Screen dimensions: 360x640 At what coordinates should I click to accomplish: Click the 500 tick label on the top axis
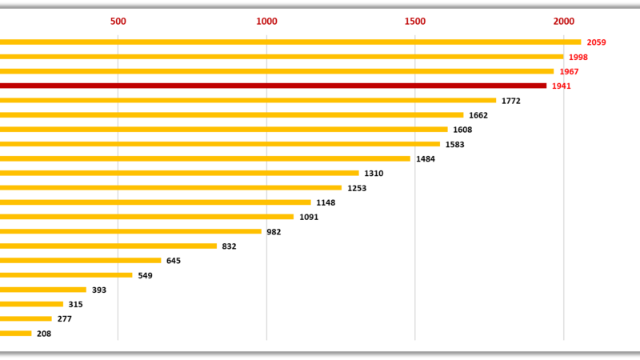(118, 21)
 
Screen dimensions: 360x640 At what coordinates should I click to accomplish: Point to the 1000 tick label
(266, 21)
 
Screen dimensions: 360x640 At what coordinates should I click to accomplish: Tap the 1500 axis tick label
(415, 21)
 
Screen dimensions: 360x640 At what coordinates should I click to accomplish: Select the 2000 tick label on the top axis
(563, 21)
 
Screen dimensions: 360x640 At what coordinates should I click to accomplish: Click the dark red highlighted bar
(272, 86)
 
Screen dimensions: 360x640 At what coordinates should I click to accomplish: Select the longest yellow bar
(288, 42)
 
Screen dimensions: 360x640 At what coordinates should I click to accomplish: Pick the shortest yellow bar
(16, 334)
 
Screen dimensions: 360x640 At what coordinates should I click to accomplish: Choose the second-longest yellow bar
(280, 57)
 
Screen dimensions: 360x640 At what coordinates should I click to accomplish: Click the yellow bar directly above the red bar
(276, 71)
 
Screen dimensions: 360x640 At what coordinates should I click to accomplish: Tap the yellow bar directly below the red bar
(248, 100)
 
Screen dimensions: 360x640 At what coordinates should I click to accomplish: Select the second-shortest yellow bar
(26, 318)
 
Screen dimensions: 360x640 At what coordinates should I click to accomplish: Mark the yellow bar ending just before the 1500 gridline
(206, 158)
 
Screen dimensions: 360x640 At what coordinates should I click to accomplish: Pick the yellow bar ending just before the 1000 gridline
(131, 231)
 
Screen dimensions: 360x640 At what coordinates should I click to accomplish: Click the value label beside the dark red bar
(562, 86)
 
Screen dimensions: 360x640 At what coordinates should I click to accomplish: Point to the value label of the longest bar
(596, 42)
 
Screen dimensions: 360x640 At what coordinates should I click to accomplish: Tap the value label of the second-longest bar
(578, 57)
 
